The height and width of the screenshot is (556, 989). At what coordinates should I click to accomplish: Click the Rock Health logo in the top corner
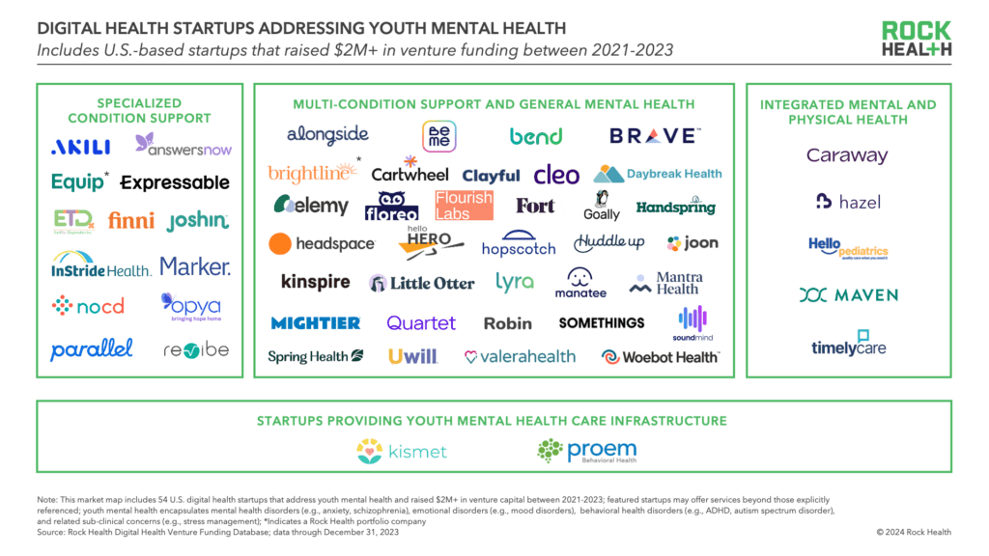916,40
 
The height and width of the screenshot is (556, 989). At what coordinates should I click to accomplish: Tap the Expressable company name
175,181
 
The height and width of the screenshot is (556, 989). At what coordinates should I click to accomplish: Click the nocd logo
88,306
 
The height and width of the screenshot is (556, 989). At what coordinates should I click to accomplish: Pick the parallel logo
92,348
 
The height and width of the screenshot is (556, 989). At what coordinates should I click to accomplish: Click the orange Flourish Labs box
464,205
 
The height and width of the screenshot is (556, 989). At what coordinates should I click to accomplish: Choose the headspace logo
322,243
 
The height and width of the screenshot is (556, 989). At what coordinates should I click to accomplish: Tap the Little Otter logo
422,283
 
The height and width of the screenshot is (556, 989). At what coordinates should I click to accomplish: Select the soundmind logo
692,323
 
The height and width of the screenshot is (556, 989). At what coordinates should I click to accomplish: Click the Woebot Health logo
661,357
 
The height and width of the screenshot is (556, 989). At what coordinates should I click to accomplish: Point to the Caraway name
847,155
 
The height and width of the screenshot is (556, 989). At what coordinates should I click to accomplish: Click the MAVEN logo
848,295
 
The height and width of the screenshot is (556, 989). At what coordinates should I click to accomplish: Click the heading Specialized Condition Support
140,111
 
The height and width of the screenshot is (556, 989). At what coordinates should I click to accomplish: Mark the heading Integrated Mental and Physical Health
847,112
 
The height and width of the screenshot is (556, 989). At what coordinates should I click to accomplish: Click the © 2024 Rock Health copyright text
913,532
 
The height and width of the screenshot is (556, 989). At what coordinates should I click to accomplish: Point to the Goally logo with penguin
602,205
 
